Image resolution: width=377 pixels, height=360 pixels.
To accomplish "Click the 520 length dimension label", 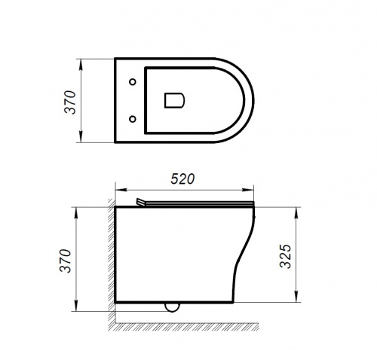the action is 182,179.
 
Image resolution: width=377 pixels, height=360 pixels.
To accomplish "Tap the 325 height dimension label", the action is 286,256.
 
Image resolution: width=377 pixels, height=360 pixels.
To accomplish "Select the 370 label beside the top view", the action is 70,102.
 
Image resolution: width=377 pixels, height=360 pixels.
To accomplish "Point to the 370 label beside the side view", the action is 66,261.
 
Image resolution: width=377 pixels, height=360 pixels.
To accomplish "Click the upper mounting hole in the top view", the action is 133,82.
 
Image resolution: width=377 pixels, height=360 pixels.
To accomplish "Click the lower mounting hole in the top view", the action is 133,119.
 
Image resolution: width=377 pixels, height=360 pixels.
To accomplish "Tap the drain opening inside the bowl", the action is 174,100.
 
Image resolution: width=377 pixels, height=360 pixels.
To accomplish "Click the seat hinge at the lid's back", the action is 141,202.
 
